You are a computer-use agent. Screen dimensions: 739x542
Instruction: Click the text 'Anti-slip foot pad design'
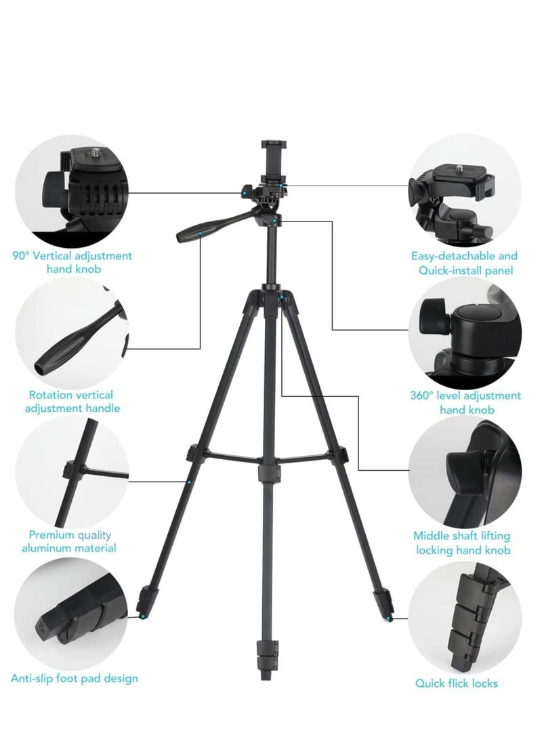pyautogui.click(x=75, y=677)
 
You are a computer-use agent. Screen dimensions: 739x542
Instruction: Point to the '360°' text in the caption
pyautogui.click(x=423, y=396)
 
